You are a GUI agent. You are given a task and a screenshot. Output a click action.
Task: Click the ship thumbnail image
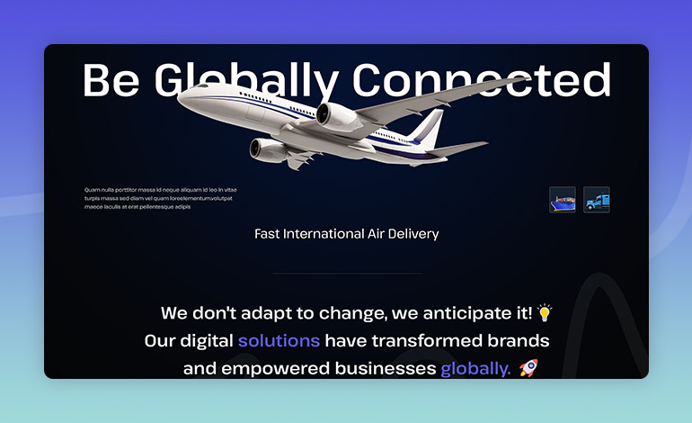tap(563, 200)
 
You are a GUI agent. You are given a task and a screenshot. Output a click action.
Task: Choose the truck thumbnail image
tap(597, 200)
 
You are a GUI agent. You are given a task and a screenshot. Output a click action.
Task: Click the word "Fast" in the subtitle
tap(267, 234)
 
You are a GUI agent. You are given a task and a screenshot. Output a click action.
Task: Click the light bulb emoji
tap(544, 312)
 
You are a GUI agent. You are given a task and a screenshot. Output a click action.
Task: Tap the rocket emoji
tap(528, 368)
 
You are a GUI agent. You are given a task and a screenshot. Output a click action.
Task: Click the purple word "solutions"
tap(279, 341)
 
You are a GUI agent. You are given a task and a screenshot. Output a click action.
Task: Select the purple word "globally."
tap(475, 369)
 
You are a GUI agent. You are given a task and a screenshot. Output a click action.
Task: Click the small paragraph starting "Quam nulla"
tap(160, 198)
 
